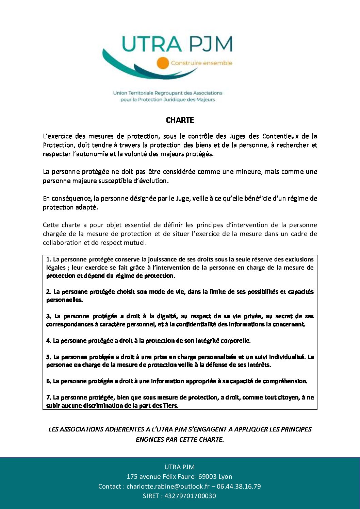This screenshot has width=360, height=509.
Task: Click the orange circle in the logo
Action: pos(163,63)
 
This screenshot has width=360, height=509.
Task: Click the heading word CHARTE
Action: pos(180,120)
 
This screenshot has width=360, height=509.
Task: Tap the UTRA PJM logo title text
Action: pos(177,45)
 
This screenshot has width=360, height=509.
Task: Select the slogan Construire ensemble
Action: pos(201,63)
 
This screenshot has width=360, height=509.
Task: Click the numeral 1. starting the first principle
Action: pos(49,259)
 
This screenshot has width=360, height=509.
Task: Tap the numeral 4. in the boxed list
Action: pos(49,341)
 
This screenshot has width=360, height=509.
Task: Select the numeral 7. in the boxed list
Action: pos(49,397)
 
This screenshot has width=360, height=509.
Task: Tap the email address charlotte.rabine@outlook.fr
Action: pos(168,487)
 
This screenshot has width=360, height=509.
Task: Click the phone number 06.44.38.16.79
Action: pos(239,487)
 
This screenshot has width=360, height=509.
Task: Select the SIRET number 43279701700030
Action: pos(190,496)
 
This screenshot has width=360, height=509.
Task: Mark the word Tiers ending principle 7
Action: pos(170,406)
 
